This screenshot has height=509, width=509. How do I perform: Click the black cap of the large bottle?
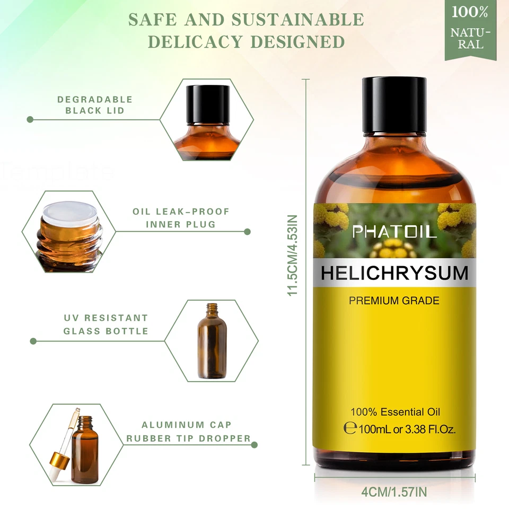coord(394,104)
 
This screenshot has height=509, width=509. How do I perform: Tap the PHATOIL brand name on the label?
coord(394,231)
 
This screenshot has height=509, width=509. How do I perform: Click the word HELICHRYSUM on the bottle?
coord(394,273)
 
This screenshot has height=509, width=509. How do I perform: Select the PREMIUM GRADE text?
coord(394,301)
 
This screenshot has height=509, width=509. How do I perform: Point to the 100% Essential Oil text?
coord(395,412)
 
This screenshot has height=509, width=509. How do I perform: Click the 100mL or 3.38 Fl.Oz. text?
coord(407,428)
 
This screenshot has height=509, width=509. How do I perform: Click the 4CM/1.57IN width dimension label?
coord(393,492)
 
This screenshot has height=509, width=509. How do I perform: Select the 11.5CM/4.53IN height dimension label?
coord(293,255)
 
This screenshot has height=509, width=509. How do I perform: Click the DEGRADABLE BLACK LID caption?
coord(95,105)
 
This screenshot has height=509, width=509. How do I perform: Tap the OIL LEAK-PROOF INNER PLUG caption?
coord(181,218)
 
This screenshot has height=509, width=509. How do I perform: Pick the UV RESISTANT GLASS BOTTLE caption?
coord(106,324)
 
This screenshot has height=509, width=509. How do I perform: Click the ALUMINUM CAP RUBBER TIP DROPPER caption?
coord(188,432)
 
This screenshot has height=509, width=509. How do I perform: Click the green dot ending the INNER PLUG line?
coord(247,232)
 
